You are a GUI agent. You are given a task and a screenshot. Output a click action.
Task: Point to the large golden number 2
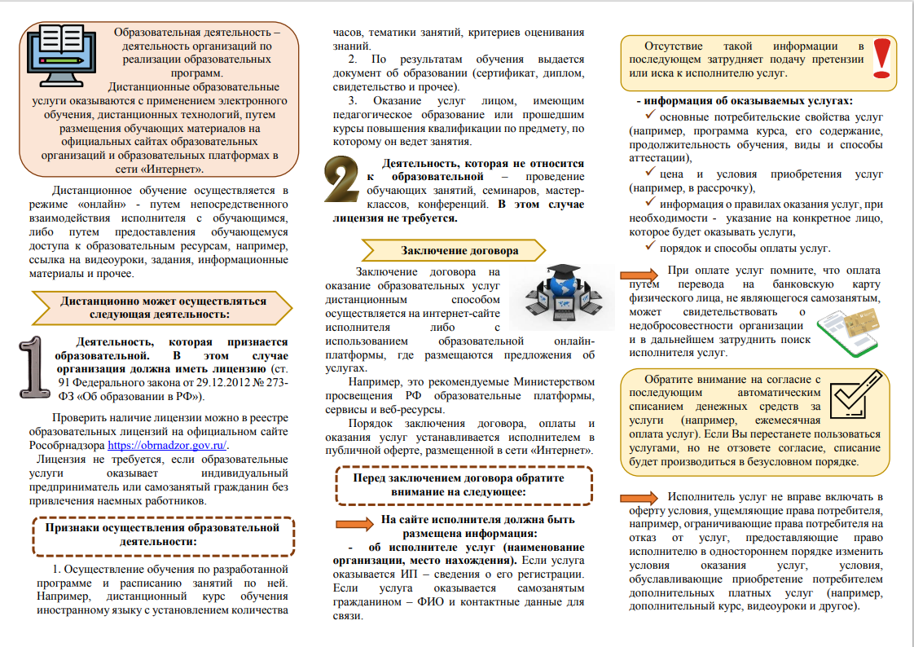pos(343,188)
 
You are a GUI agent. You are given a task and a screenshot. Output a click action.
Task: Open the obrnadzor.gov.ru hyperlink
pos(169,446)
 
